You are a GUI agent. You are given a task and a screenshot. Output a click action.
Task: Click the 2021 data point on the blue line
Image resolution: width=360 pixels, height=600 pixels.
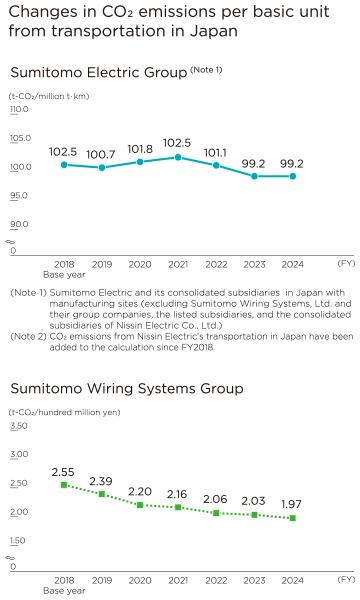177,157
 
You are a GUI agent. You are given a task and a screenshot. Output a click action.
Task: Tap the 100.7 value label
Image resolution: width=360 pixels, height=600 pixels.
101,154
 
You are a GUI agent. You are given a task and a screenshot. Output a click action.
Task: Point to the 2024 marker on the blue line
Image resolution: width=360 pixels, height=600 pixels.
292,176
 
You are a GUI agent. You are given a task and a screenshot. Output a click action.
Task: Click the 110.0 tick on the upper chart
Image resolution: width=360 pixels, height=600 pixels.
20,109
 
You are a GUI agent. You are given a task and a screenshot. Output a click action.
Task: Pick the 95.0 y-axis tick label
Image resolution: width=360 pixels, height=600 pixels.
20,196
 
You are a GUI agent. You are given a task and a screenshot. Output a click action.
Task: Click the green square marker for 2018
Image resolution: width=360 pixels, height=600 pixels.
63,485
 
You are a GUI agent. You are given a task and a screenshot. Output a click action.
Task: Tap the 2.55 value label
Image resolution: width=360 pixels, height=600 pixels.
63,471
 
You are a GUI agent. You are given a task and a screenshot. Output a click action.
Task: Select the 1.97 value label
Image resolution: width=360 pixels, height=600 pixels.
292,504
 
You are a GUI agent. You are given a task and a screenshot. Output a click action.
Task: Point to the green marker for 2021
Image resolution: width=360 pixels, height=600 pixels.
177,508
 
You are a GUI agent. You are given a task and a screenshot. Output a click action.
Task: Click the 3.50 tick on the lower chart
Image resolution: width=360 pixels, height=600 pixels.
19,426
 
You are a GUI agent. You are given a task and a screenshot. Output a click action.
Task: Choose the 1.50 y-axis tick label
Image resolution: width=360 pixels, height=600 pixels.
19,540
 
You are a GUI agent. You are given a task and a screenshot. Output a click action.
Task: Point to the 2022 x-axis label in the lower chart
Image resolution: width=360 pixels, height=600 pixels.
215,579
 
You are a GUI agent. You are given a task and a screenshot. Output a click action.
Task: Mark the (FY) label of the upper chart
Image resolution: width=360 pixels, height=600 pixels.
346,263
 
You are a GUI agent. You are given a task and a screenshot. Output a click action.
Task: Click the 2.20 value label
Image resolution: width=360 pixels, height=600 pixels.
139,491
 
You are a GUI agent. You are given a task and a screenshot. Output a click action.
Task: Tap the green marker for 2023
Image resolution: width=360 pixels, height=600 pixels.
253,515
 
